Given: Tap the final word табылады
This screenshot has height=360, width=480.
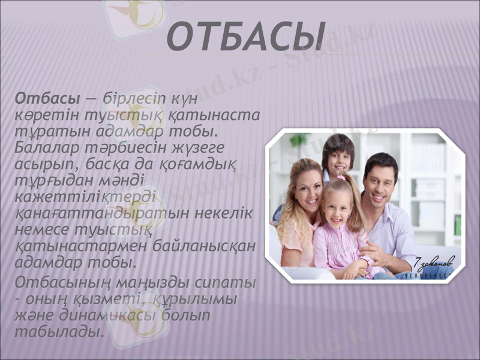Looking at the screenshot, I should (x=57, y=331).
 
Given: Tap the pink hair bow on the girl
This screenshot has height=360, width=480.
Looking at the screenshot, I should (x=341, y=178).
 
